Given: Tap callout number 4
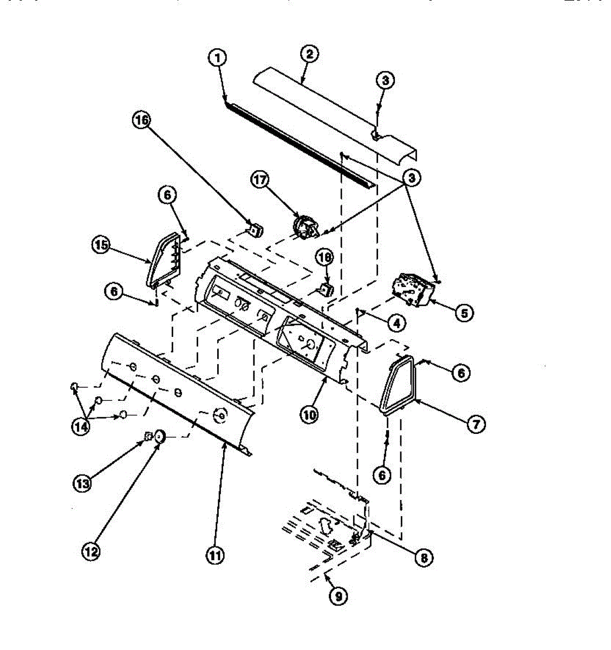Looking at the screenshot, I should [396, 323].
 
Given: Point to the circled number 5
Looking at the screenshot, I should [464, 312].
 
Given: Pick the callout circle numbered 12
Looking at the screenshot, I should [92, 551].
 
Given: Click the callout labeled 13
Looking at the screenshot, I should [82, 484].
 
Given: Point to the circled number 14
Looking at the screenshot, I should [81, 426].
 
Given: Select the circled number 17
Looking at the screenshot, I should [261, 180].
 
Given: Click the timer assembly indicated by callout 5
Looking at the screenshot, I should [414, 288].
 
